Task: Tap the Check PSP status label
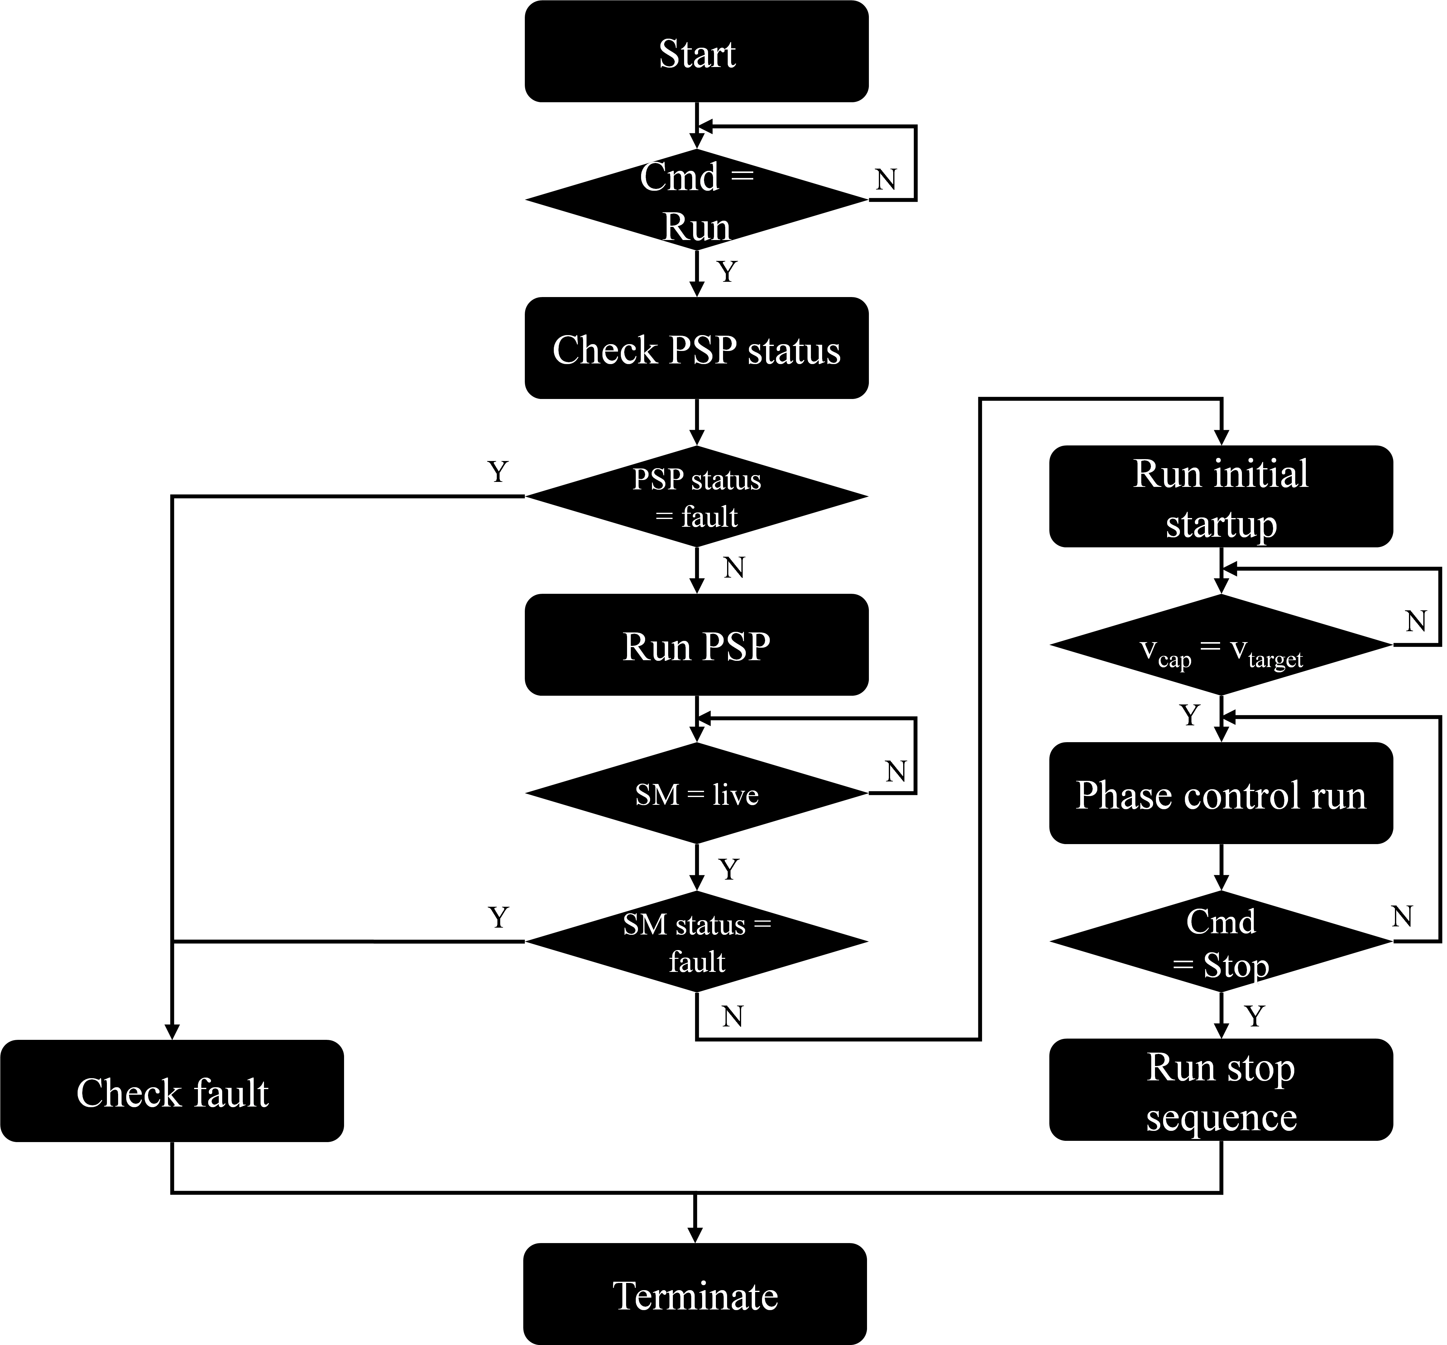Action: tap(696, 350)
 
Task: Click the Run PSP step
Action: tap(696, 646)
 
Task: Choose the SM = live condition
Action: tap(696, 795)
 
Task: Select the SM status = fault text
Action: tap(696, 943)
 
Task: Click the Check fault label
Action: tap(172, 1093)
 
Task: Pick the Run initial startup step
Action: tap(1221, 498)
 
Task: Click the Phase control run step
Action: tap(1221, 795)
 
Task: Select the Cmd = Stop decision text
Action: tap(1221, 943)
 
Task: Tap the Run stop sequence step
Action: tap(1221, 1092)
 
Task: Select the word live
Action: tap(735, 795)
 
